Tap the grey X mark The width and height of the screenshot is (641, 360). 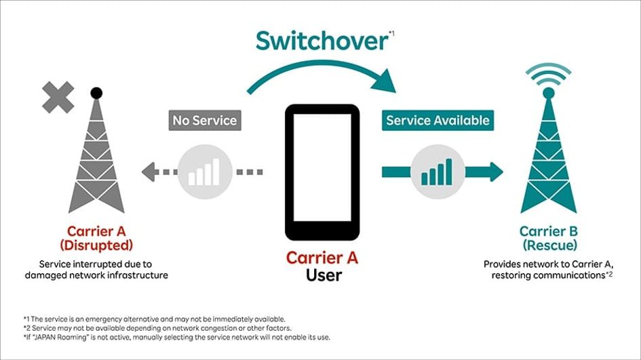click(58, 98)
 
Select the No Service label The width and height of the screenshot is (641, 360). click(204, 121)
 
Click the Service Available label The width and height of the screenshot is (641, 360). click(437, 121)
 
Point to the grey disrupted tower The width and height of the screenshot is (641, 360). click(96, 159)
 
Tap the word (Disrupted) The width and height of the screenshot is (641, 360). click(96, 245)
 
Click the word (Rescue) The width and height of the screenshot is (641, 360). click(548, 245)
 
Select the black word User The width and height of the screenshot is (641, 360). click(322, 276)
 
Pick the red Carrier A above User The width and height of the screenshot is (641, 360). click(322, 258)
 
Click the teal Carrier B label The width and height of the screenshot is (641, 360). click(548, 231)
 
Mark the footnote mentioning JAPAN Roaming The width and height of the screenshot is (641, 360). click(176, 337)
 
